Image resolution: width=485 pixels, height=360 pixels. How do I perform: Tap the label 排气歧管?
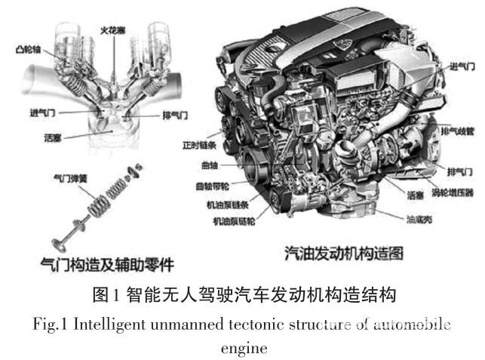pyautogui.click(x=459, y=129)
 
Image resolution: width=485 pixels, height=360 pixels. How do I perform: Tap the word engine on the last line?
pyautogui.click(x=242, y=349)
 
